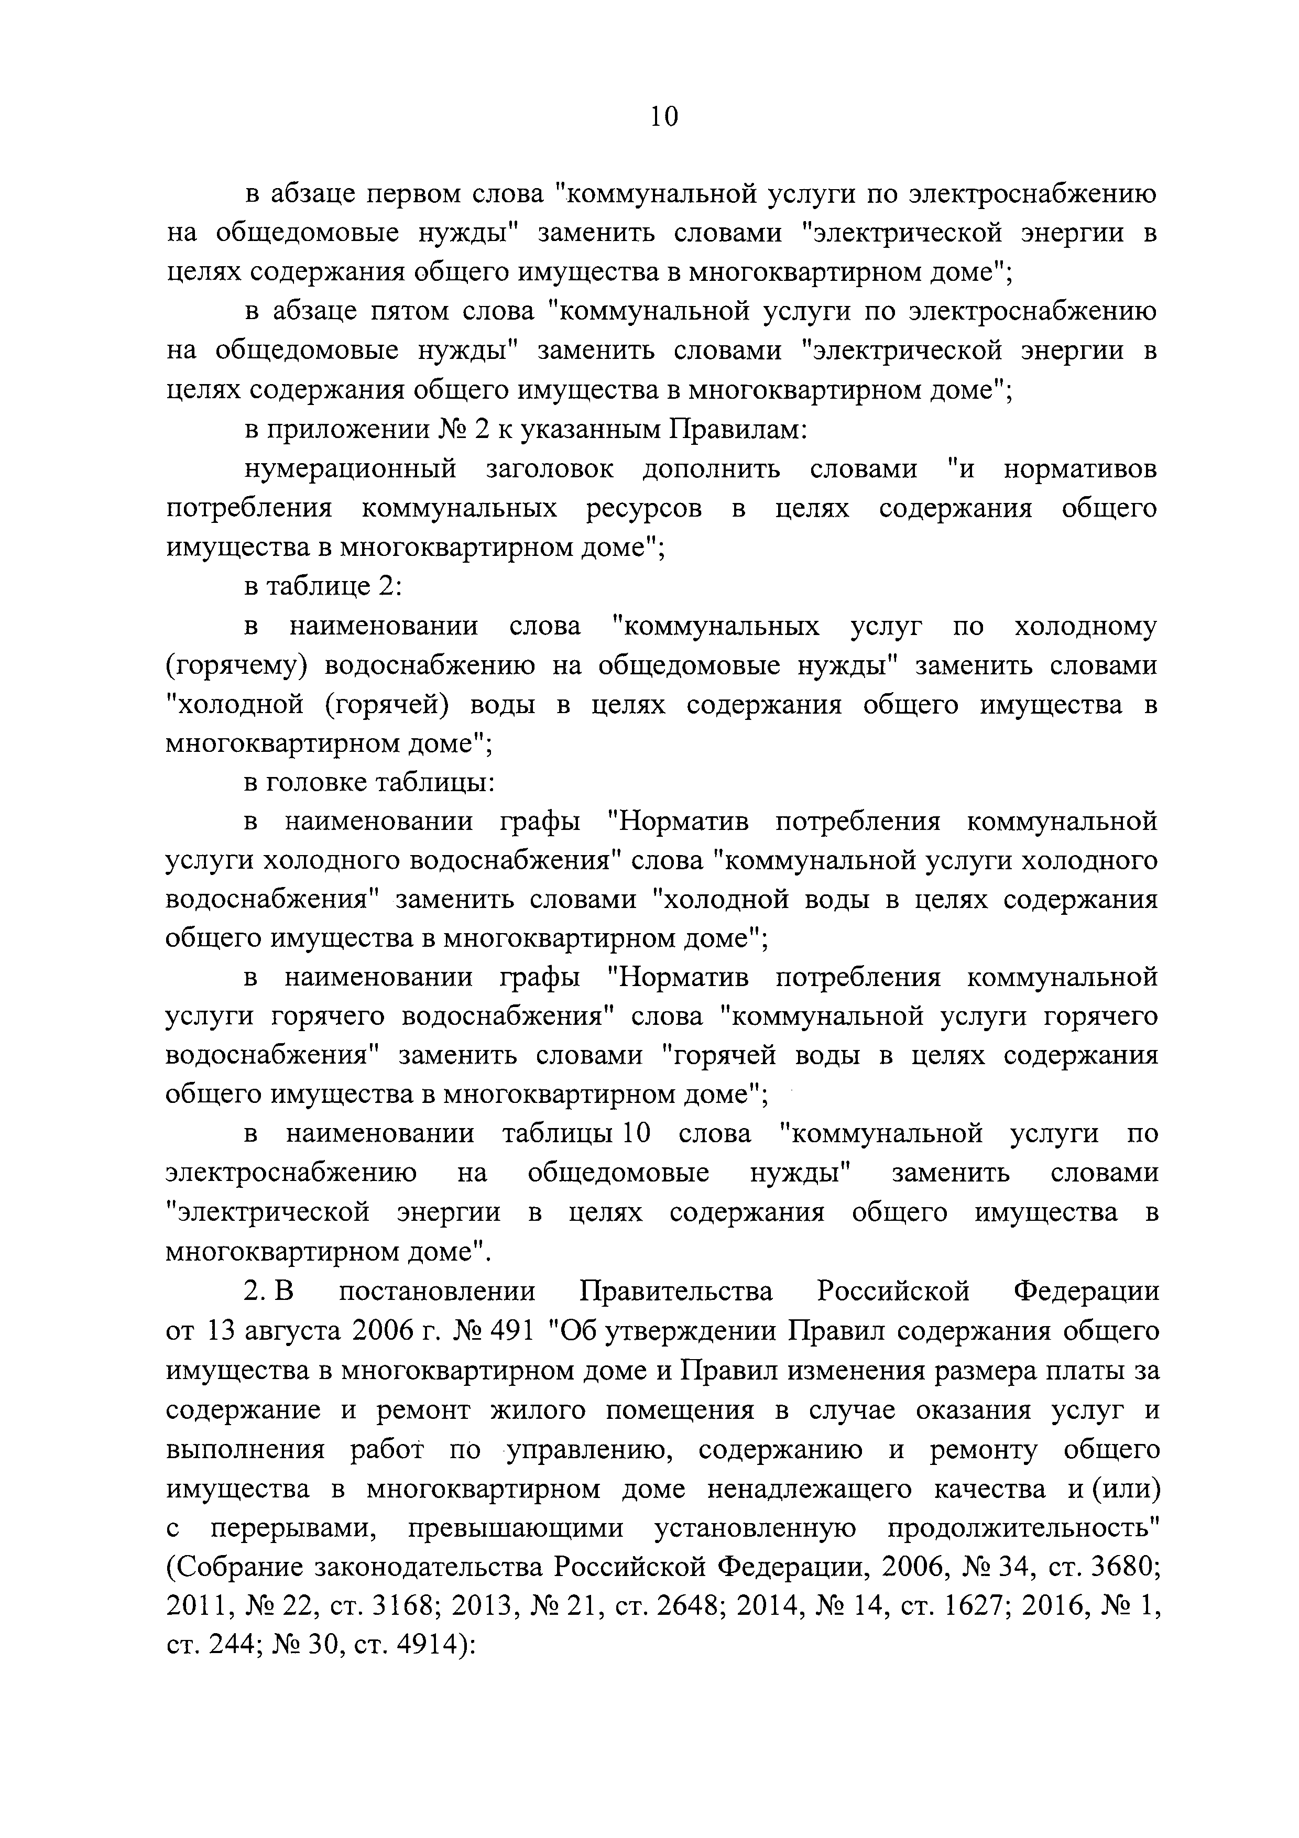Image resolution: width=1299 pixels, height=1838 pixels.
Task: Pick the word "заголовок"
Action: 549,469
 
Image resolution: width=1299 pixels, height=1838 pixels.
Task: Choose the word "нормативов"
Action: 1079,469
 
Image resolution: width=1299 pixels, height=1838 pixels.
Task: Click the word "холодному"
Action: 1085,626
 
